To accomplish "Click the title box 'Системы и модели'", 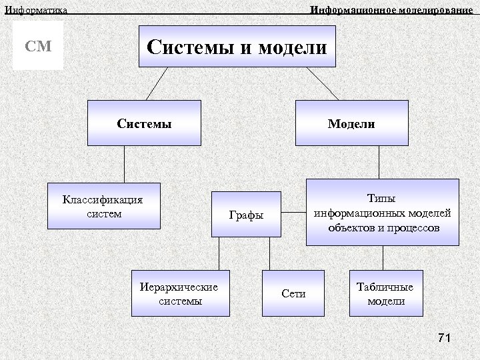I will [237, 47].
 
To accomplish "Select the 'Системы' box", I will [144, 123].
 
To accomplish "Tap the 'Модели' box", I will [351, 123].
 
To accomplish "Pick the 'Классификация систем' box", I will [107, 206].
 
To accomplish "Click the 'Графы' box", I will [247, 215].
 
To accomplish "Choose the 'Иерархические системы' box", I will [180, 293].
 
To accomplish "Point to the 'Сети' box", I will [293, 293].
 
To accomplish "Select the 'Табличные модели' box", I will [385, 293].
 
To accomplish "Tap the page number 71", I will [445, 339].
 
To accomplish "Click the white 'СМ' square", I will [38, 46].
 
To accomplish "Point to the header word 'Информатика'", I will [36, 9].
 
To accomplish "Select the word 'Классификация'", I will [103, 199].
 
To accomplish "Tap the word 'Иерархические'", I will [179, 287].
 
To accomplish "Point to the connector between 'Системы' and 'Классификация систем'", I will [124, 164].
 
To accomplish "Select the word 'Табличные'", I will [385, 287].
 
